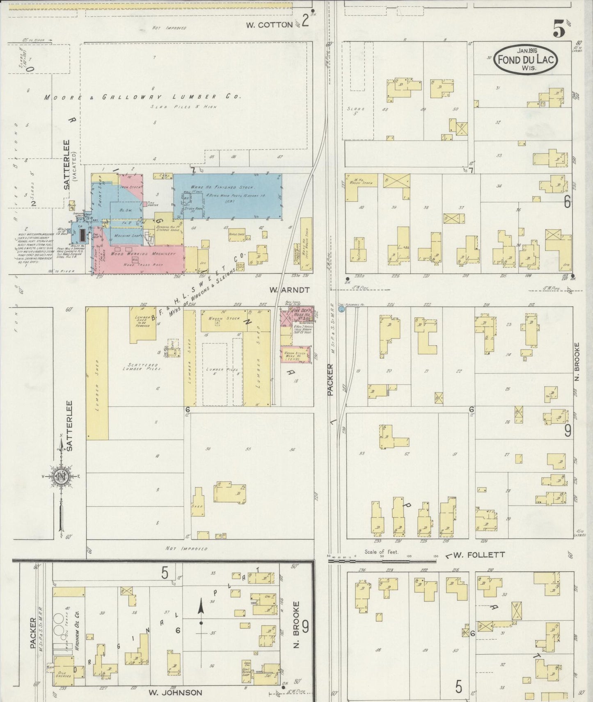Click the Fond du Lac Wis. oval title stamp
click(526, 59)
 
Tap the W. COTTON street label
click(269, 25)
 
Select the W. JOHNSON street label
click(175, 693)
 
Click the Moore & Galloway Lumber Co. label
click(142, 97)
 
